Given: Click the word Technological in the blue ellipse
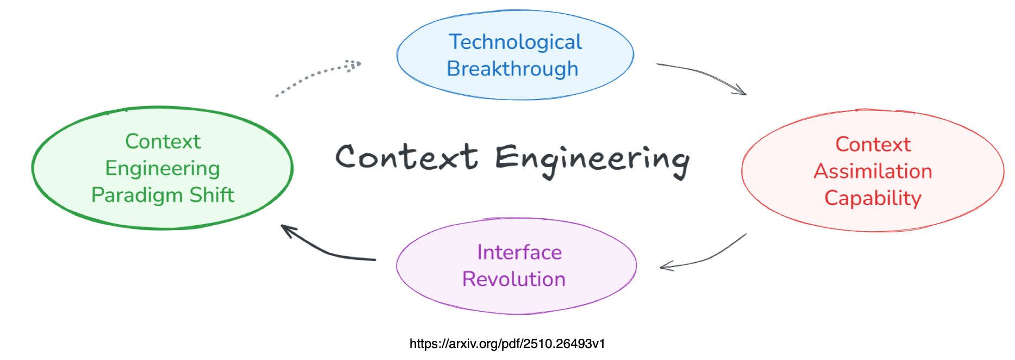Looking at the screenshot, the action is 515,42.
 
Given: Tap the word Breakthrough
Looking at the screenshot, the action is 512,69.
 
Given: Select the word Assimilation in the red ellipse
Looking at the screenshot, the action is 872,171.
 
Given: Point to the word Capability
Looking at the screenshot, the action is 872,198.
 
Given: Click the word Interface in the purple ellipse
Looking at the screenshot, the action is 519,252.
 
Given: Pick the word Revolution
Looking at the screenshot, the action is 513,279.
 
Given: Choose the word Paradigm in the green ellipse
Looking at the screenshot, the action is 137,195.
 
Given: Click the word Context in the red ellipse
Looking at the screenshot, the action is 872,145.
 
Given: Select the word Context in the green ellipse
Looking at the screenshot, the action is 163,141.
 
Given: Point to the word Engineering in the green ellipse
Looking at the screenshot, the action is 163,169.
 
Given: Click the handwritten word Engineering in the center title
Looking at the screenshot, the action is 592,159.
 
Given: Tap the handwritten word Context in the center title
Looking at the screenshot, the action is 406,157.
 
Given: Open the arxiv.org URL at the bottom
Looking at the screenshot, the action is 507,344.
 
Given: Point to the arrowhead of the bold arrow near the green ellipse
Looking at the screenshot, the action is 287,230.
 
